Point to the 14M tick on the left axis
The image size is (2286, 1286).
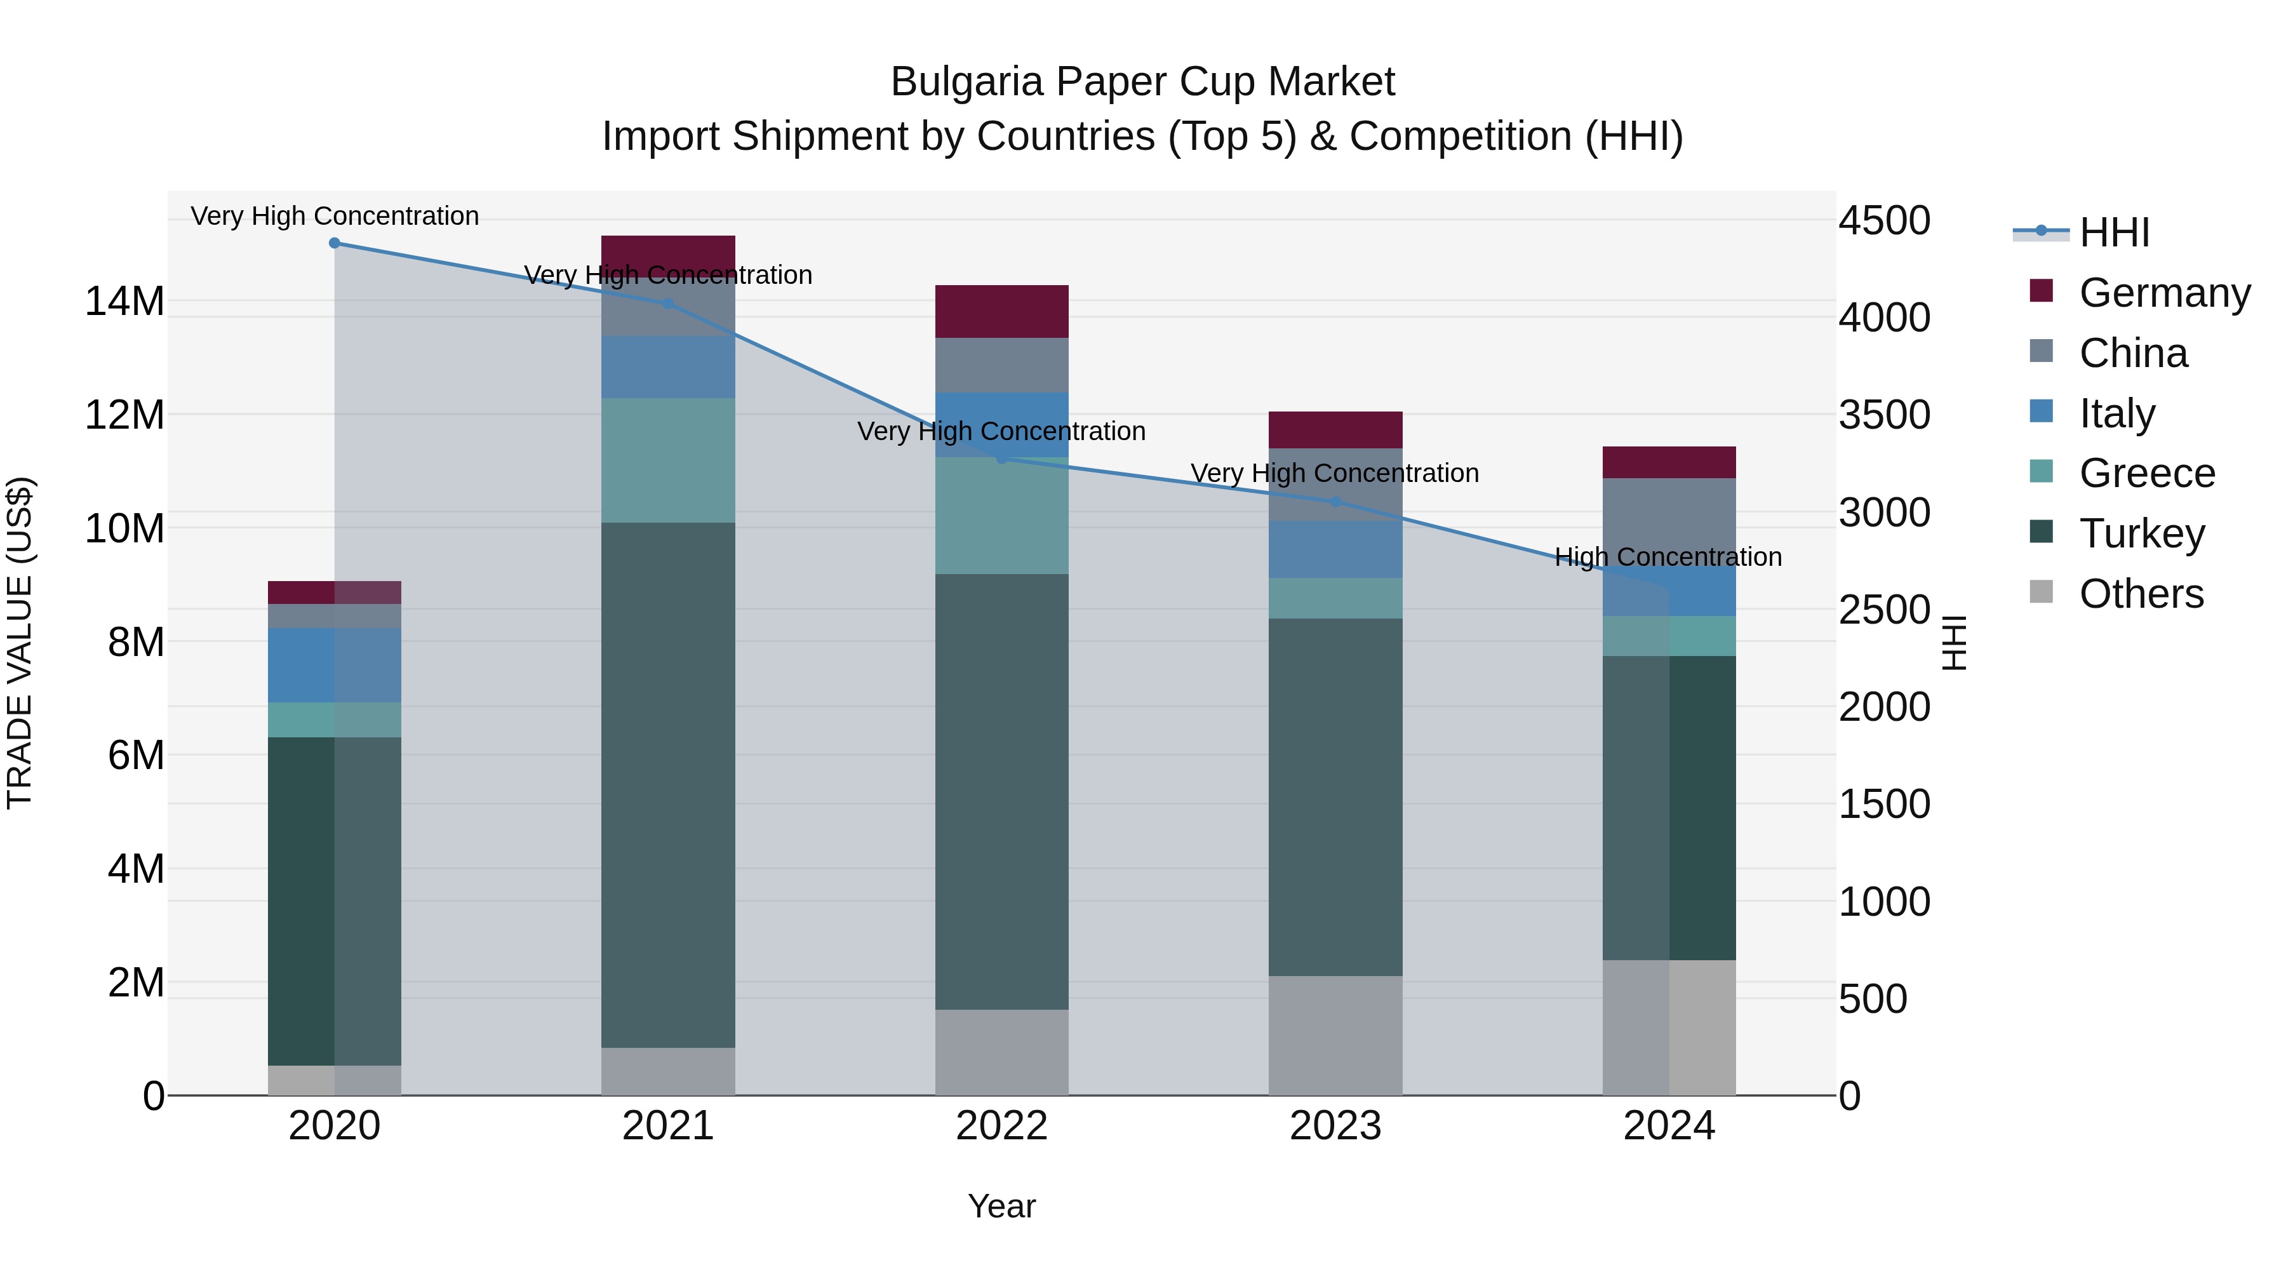(x=124, y=302)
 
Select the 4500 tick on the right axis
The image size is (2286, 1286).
(x=1883, y=220)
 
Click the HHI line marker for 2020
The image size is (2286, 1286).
(x=335, y=243)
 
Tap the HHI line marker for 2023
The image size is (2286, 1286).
(x=1335, y=502)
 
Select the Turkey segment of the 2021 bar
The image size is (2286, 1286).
(x=667, y=786)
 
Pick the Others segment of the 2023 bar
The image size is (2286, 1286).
(x=1335, y=1036)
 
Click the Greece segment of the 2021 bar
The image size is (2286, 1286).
(x=667, y=460)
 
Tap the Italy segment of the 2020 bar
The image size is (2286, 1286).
(x=335, y=666)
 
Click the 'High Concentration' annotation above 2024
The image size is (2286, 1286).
(x=1668, y=558)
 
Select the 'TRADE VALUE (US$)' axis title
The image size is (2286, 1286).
(x=20, y=643)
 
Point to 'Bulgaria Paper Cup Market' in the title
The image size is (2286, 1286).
(x=1142, y=82)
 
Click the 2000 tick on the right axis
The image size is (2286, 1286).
(x=1883, y=707)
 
